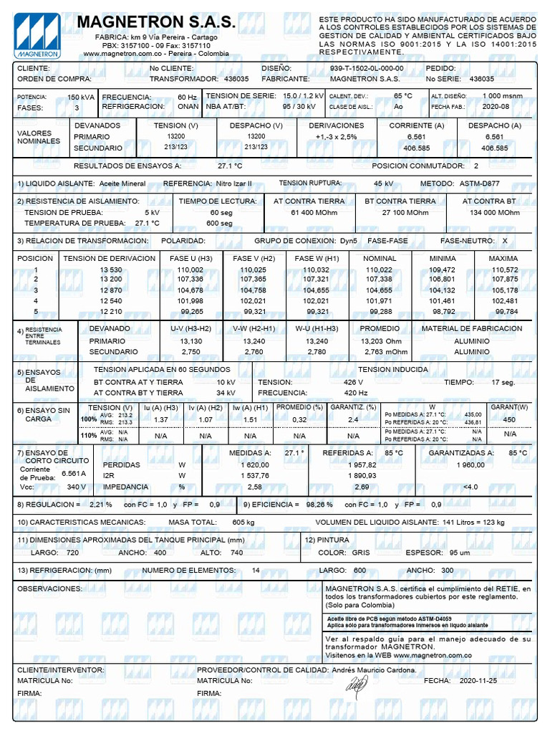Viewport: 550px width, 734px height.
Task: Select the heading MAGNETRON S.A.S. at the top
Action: click(155, 23)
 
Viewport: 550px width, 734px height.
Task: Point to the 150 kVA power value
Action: click(79, 97)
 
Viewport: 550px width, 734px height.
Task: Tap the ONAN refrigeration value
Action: click(188, 106)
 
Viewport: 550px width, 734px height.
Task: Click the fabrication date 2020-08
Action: click(495, 107)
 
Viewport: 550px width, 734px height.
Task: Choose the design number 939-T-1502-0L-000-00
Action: click(366, 68)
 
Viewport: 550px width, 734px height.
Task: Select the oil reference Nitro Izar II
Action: click(234, 183)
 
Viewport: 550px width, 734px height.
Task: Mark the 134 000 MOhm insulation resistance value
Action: click(495, 213)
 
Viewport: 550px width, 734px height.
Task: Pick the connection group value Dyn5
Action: click(349, 241)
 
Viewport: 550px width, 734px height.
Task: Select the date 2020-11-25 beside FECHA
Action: click(477, 680)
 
